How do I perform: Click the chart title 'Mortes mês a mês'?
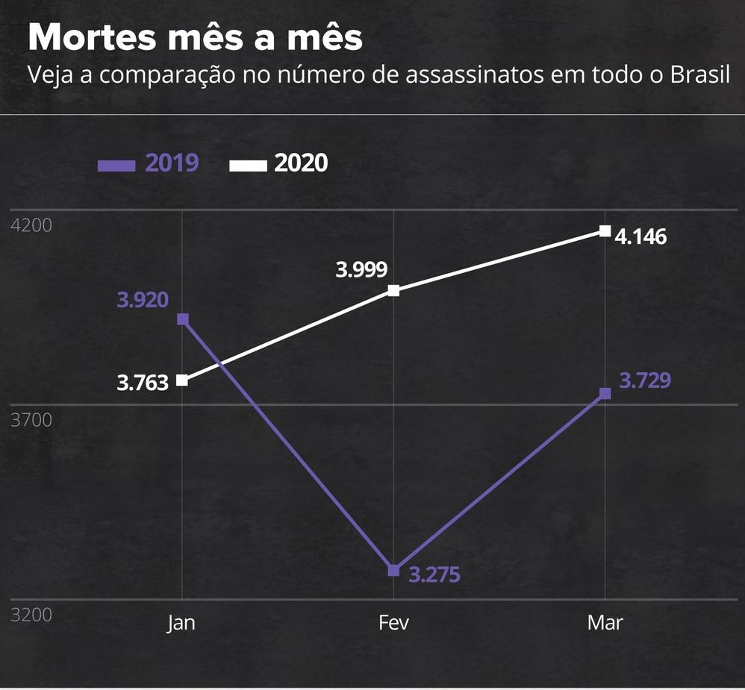[195, 37]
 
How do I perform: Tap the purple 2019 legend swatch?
[116, 164]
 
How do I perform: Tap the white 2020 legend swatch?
[247, 164]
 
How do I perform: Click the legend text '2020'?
[301, 163]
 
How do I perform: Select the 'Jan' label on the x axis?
[181, 623]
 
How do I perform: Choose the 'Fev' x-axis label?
[393, 623]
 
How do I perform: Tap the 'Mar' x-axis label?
[605, 623]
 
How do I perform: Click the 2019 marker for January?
[182, 319]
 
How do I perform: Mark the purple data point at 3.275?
[393, 571]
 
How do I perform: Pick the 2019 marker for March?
[605, 393]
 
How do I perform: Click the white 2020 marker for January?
[182, 380]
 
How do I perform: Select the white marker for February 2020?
[393, 290]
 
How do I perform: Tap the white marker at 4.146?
[605, 230]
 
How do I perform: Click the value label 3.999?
[361, 270]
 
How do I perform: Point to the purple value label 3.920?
[143, 300]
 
